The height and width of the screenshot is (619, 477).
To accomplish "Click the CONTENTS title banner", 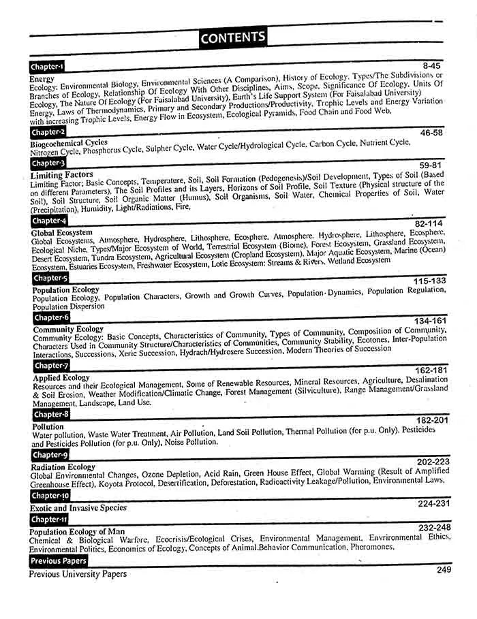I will [233, 37].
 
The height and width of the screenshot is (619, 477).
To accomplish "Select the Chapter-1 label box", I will [47, 67].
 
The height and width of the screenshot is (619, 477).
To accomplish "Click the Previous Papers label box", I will [59, 561].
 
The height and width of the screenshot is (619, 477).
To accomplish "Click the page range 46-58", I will [431, 133].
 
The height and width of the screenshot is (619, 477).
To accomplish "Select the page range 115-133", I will [429, 281].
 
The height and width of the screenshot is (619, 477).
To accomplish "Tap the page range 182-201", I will [433, 421].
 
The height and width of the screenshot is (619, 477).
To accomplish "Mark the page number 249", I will [444, 569].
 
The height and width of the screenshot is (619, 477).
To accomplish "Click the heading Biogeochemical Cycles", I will [68, 143].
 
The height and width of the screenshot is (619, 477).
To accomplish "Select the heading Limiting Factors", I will [61, 176].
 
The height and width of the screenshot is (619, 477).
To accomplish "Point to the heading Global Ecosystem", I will [61, 233].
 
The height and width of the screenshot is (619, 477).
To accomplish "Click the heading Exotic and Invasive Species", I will [78, 508].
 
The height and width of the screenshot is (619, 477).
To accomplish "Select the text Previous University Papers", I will [78, 574].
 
